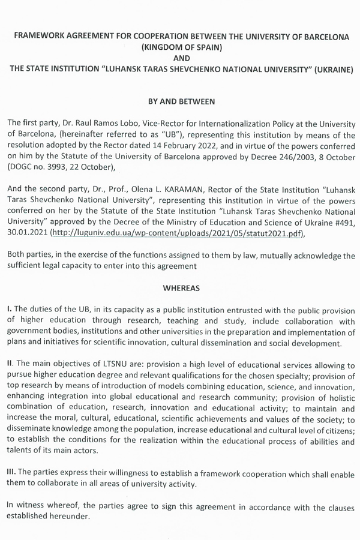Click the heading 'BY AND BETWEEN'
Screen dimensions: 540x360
(x=181, y=103)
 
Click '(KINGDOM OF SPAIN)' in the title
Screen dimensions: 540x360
(x=180, y=47)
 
